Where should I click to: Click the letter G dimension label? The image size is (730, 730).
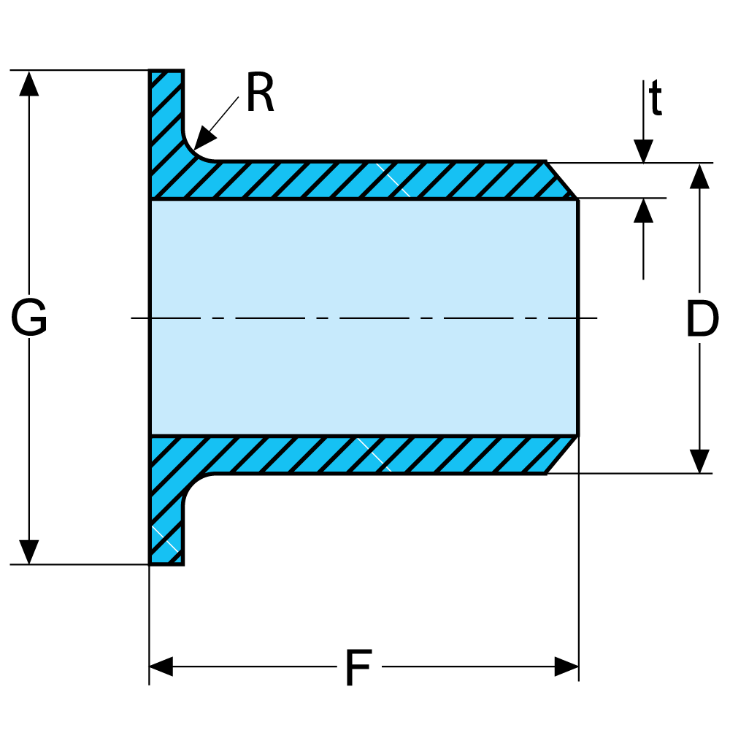(x=29, y=319)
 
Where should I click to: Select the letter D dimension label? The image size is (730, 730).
(x=702, y=320)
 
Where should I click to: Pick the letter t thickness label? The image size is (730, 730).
(x=656, y=100)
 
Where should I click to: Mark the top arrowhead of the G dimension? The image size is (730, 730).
(x=29, y=83)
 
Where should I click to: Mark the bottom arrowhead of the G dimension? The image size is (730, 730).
(x=29, y=552)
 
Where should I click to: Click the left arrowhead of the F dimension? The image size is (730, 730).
(x=161, y=666)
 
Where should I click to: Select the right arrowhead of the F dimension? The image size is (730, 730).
(x=566, y=666)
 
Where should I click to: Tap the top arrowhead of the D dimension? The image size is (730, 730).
(x=700, y=176)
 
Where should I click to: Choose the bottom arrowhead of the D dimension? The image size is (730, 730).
(x=700, y=461)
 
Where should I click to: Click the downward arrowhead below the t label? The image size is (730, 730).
(x=643, y=151)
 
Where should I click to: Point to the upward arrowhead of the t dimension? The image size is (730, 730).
(x=643, y=210)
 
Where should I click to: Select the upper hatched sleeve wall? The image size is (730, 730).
(x=365, y=180)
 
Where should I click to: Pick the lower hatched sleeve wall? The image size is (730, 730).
(x=365, y=456)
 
